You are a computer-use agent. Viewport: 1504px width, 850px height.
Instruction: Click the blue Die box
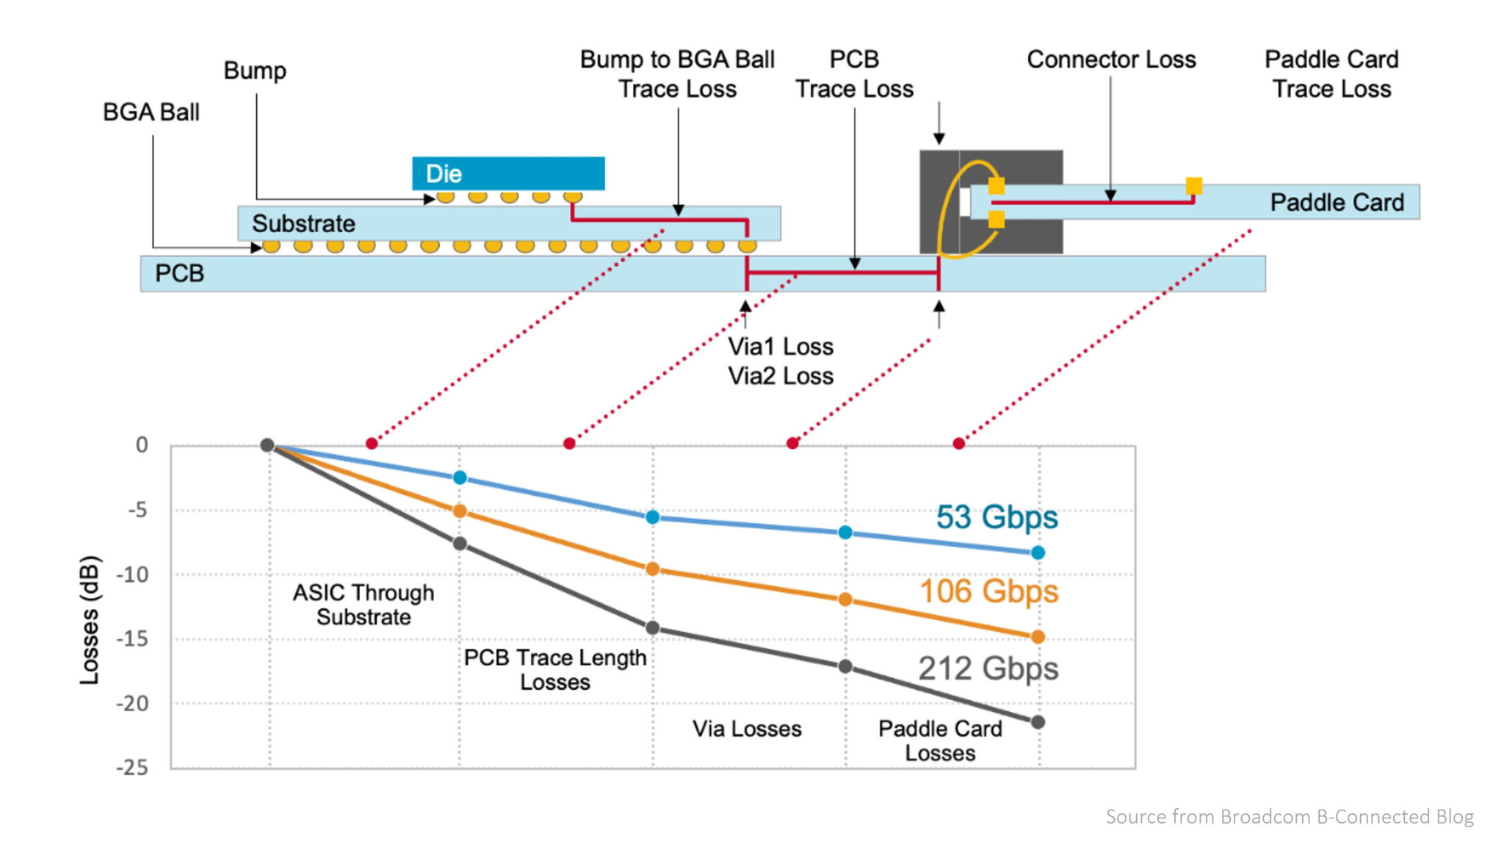point(508,173)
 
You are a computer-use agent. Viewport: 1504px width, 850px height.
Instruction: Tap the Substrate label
point(303,223)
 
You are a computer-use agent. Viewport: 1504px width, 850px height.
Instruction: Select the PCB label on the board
point(179,273)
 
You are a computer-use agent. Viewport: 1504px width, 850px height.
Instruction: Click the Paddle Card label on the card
point(1337,202)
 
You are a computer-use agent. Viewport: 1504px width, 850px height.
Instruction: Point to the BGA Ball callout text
point(151,112)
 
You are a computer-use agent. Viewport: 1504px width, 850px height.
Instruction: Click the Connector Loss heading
point(1111,60)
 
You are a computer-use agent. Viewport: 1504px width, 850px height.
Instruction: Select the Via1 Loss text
point(781,346)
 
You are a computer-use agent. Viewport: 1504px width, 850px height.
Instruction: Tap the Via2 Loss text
point(781,376)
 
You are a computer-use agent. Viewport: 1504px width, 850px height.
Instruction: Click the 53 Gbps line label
point(997,517)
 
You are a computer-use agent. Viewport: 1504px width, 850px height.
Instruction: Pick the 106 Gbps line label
point(988,591)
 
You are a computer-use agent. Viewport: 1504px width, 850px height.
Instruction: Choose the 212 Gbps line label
point(988,669)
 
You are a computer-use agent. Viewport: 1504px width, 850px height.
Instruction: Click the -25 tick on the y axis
point(132,768)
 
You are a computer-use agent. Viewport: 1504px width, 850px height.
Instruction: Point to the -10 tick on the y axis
point(132,575)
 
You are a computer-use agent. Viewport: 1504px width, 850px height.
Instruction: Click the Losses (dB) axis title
point(89,620)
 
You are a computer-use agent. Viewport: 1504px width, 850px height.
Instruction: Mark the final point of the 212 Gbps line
point(1038,722)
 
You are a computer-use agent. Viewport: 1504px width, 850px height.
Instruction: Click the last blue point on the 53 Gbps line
point(1038,552)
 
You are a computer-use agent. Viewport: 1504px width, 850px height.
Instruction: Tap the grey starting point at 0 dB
point(267,445)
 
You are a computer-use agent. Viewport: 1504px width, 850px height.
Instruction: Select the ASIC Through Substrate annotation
point(364,605)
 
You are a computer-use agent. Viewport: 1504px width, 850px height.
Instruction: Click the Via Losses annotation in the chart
point(747,729)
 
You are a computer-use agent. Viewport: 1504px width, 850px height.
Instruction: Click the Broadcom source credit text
point(1290,817)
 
